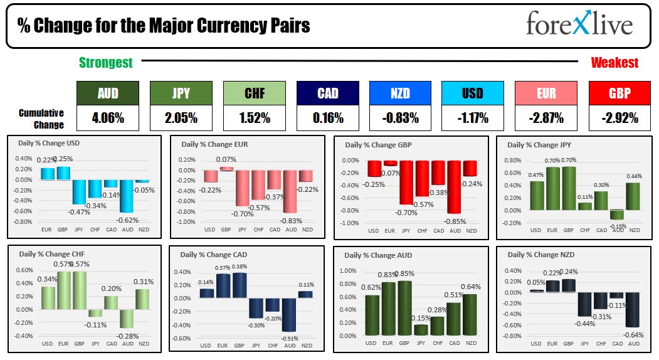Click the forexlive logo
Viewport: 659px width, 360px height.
click(579, 24)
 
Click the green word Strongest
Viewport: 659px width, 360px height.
click(106, 63)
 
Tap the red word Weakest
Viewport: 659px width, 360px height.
click(614, 63)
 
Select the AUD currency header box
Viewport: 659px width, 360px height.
click(108, 93)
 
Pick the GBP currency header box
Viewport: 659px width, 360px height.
click(619, 93)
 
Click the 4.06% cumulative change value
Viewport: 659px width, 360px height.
click(108, 117)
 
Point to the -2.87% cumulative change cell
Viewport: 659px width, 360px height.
click(546, 117)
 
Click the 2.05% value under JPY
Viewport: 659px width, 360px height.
click(181, 117)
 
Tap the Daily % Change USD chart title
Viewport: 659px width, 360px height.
click(50, 143)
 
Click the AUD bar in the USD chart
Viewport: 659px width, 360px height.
click(127, 196)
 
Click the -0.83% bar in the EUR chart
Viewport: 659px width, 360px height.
click(290, 191)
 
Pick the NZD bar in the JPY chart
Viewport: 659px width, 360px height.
click(635, 196)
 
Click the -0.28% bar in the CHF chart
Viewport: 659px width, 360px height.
click(127, 318)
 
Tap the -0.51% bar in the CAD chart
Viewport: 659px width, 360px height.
click(289, 314)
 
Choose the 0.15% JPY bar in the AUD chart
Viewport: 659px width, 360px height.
click(421, 329)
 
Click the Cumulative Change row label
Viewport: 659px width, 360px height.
click(41, 119)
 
